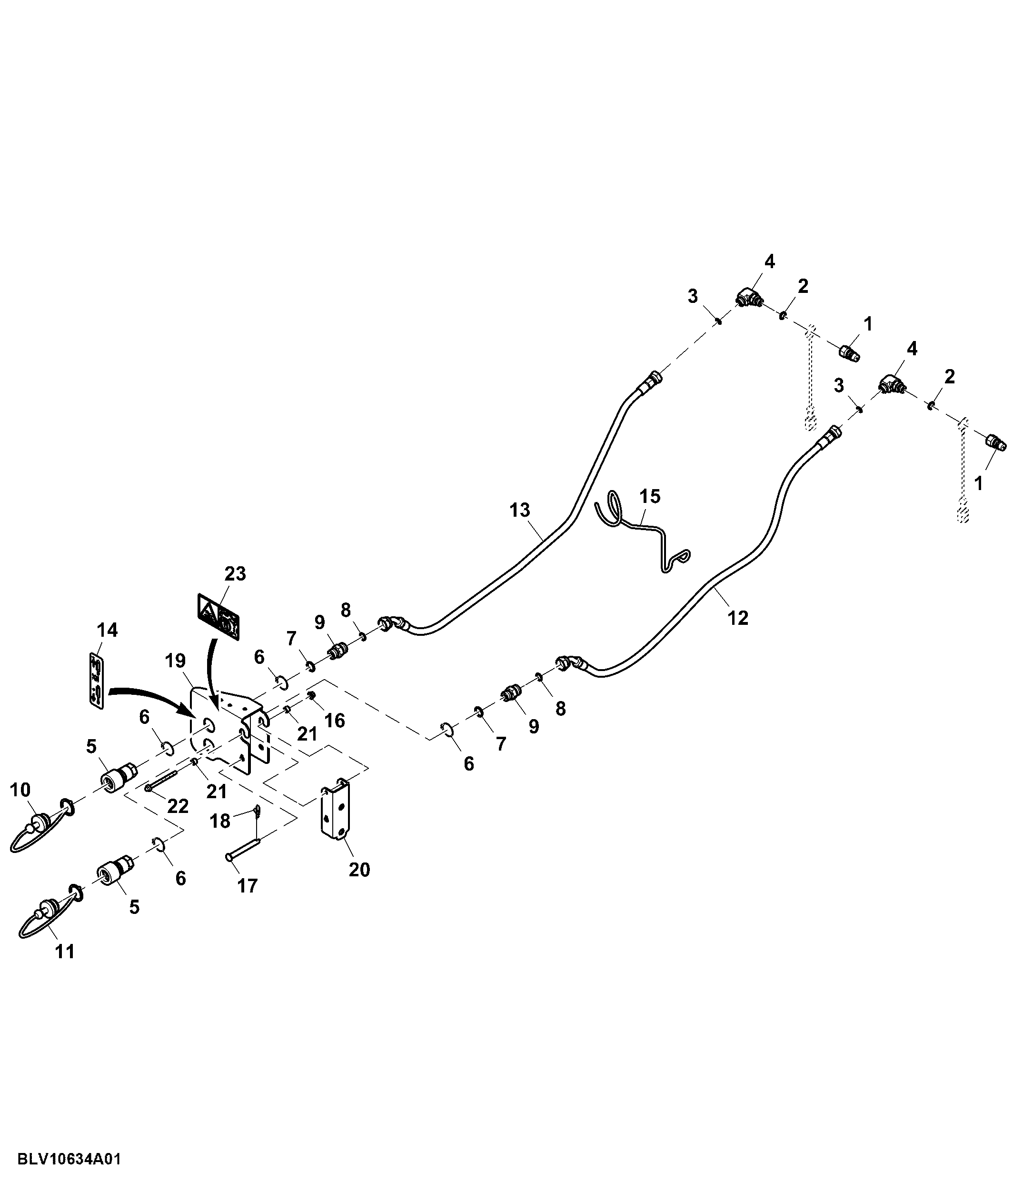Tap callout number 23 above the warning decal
tap(235, 573)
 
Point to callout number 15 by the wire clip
tap(649, 496)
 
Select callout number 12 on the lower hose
tap(737, 617)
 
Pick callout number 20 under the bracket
tap(359, 870)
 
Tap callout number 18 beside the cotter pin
tap(220, 821)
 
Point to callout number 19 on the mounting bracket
tap(175, 661)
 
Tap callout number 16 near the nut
tap(335, 721)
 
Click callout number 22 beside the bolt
tap(178, 806)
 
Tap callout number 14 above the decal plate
tap(107, 631)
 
